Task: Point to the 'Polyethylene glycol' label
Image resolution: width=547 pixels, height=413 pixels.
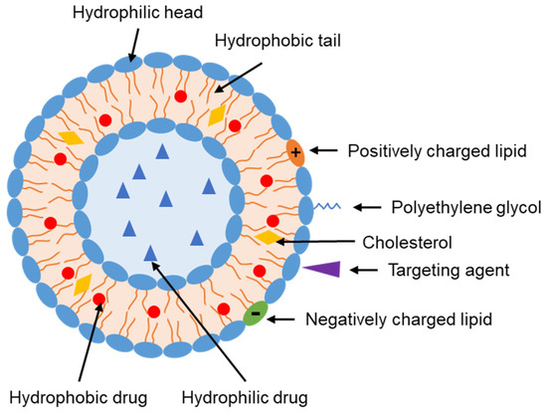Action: [444, 208]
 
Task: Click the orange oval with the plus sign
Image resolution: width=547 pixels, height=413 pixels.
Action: [296, 150]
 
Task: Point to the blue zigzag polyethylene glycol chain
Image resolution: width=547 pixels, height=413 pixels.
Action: [328, 207]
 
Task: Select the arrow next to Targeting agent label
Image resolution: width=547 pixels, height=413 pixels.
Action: [369, 269]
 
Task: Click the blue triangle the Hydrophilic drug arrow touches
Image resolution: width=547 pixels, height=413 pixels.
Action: [150, 253]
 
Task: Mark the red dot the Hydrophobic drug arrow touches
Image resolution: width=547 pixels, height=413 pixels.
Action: [98, 299]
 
